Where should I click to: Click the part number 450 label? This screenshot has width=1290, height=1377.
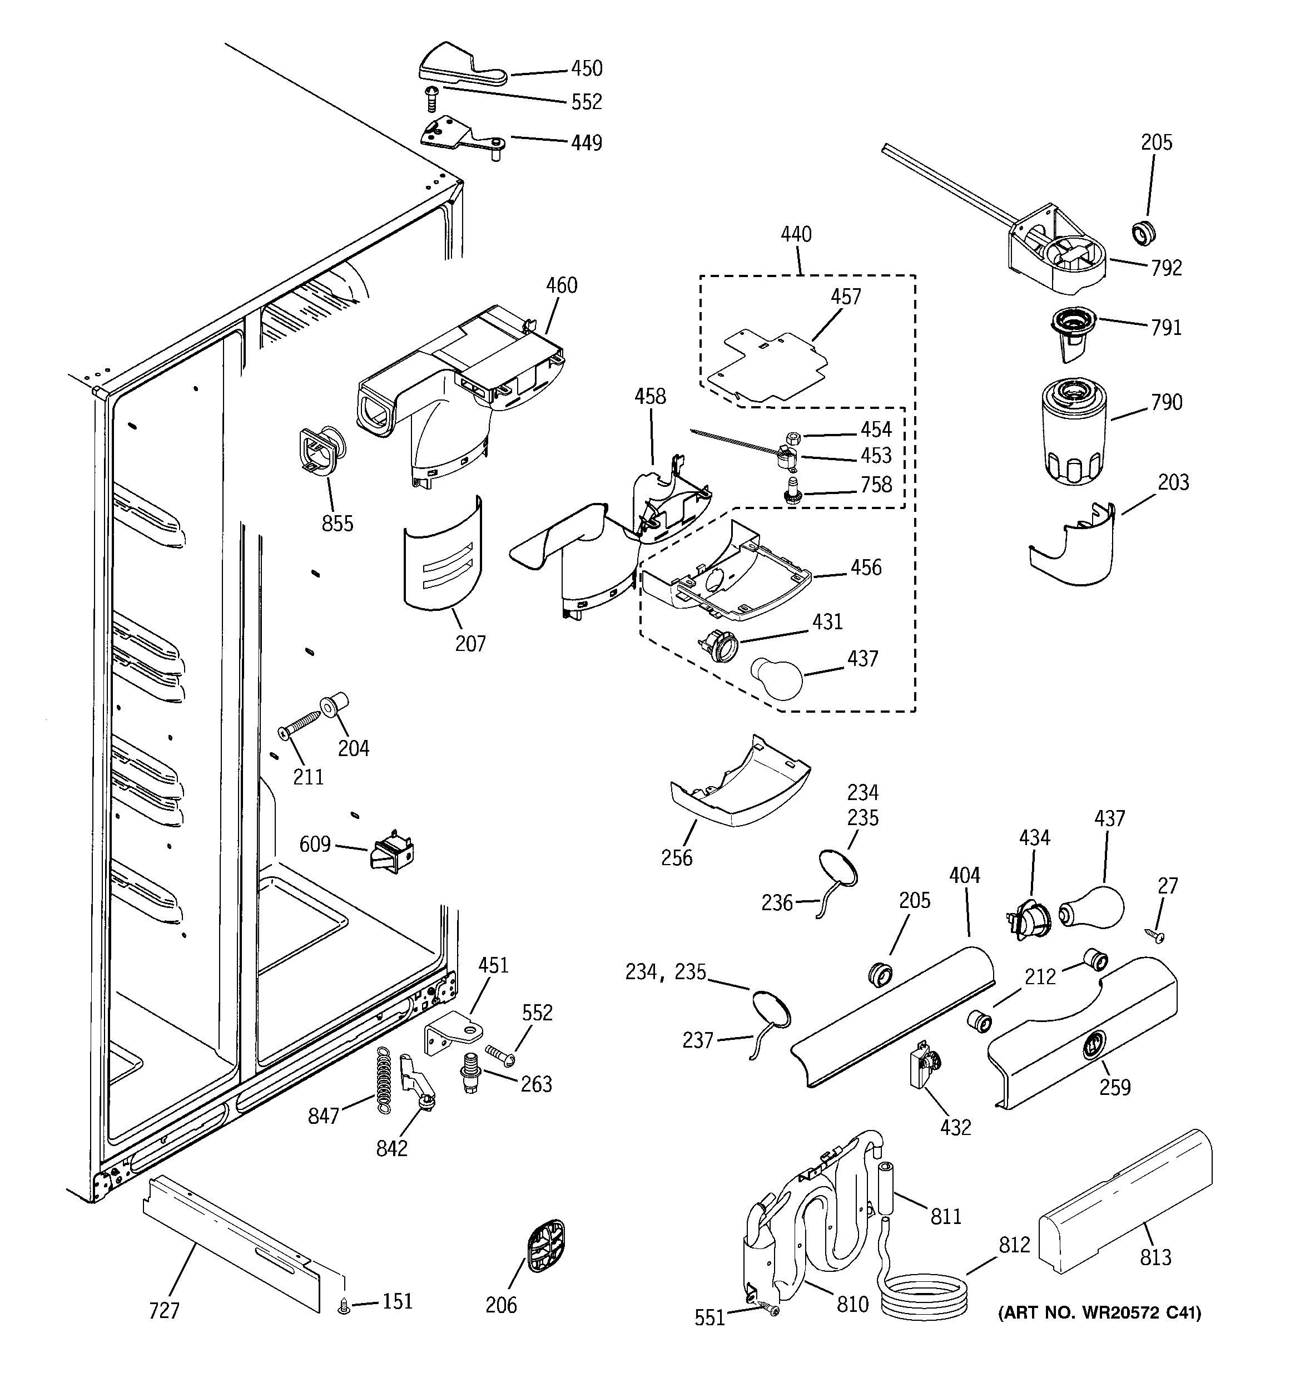[587, 68]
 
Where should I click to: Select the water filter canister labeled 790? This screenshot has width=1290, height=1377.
[1073, 431]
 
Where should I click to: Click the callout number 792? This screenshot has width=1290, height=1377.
[1167, 268]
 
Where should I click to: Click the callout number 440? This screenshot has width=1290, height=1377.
[796, 234]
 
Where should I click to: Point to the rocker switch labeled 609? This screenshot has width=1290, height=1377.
[393, 852]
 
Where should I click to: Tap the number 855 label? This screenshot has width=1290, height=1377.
[337, 524]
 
